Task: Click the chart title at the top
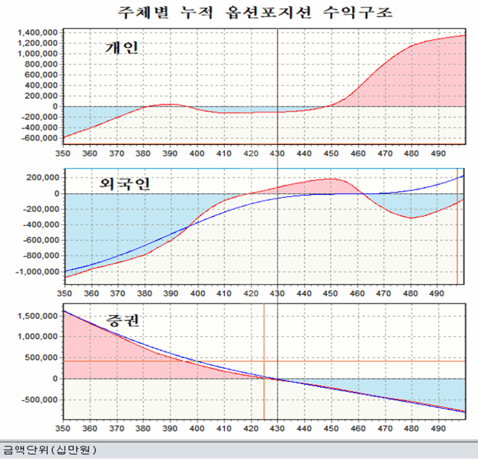click(x=255, y=11)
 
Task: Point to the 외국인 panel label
click(x=125, y=183)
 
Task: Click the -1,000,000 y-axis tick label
click(x=38, y=272)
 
